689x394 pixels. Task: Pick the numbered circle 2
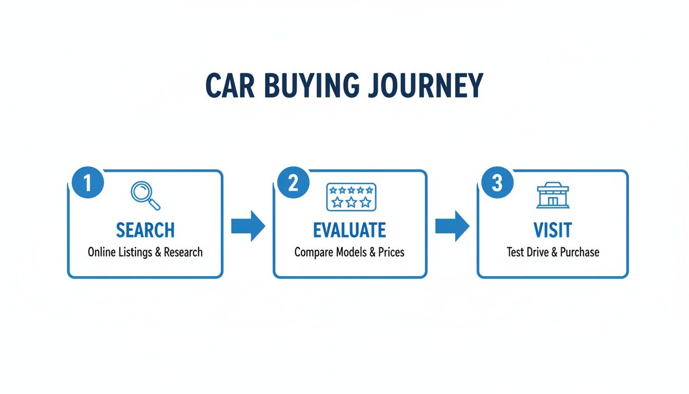tap(293, 183)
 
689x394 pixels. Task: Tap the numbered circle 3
tap(497, 183)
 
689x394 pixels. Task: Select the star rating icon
tap(351, 197)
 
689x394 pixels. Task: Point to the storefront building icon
tap(553, 195)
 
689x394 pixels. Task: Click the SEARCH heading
tap(145, 230)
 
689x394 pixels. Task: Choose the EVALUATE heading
tap(350, 230)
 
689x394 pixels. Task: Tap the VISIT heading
tap(553, 230)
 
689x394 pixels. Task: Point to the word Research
tap(183, 252)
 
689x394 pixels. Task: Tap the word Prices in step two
tap(391, 252)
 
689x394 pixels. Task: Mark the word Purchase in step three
tap(579, 252)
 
